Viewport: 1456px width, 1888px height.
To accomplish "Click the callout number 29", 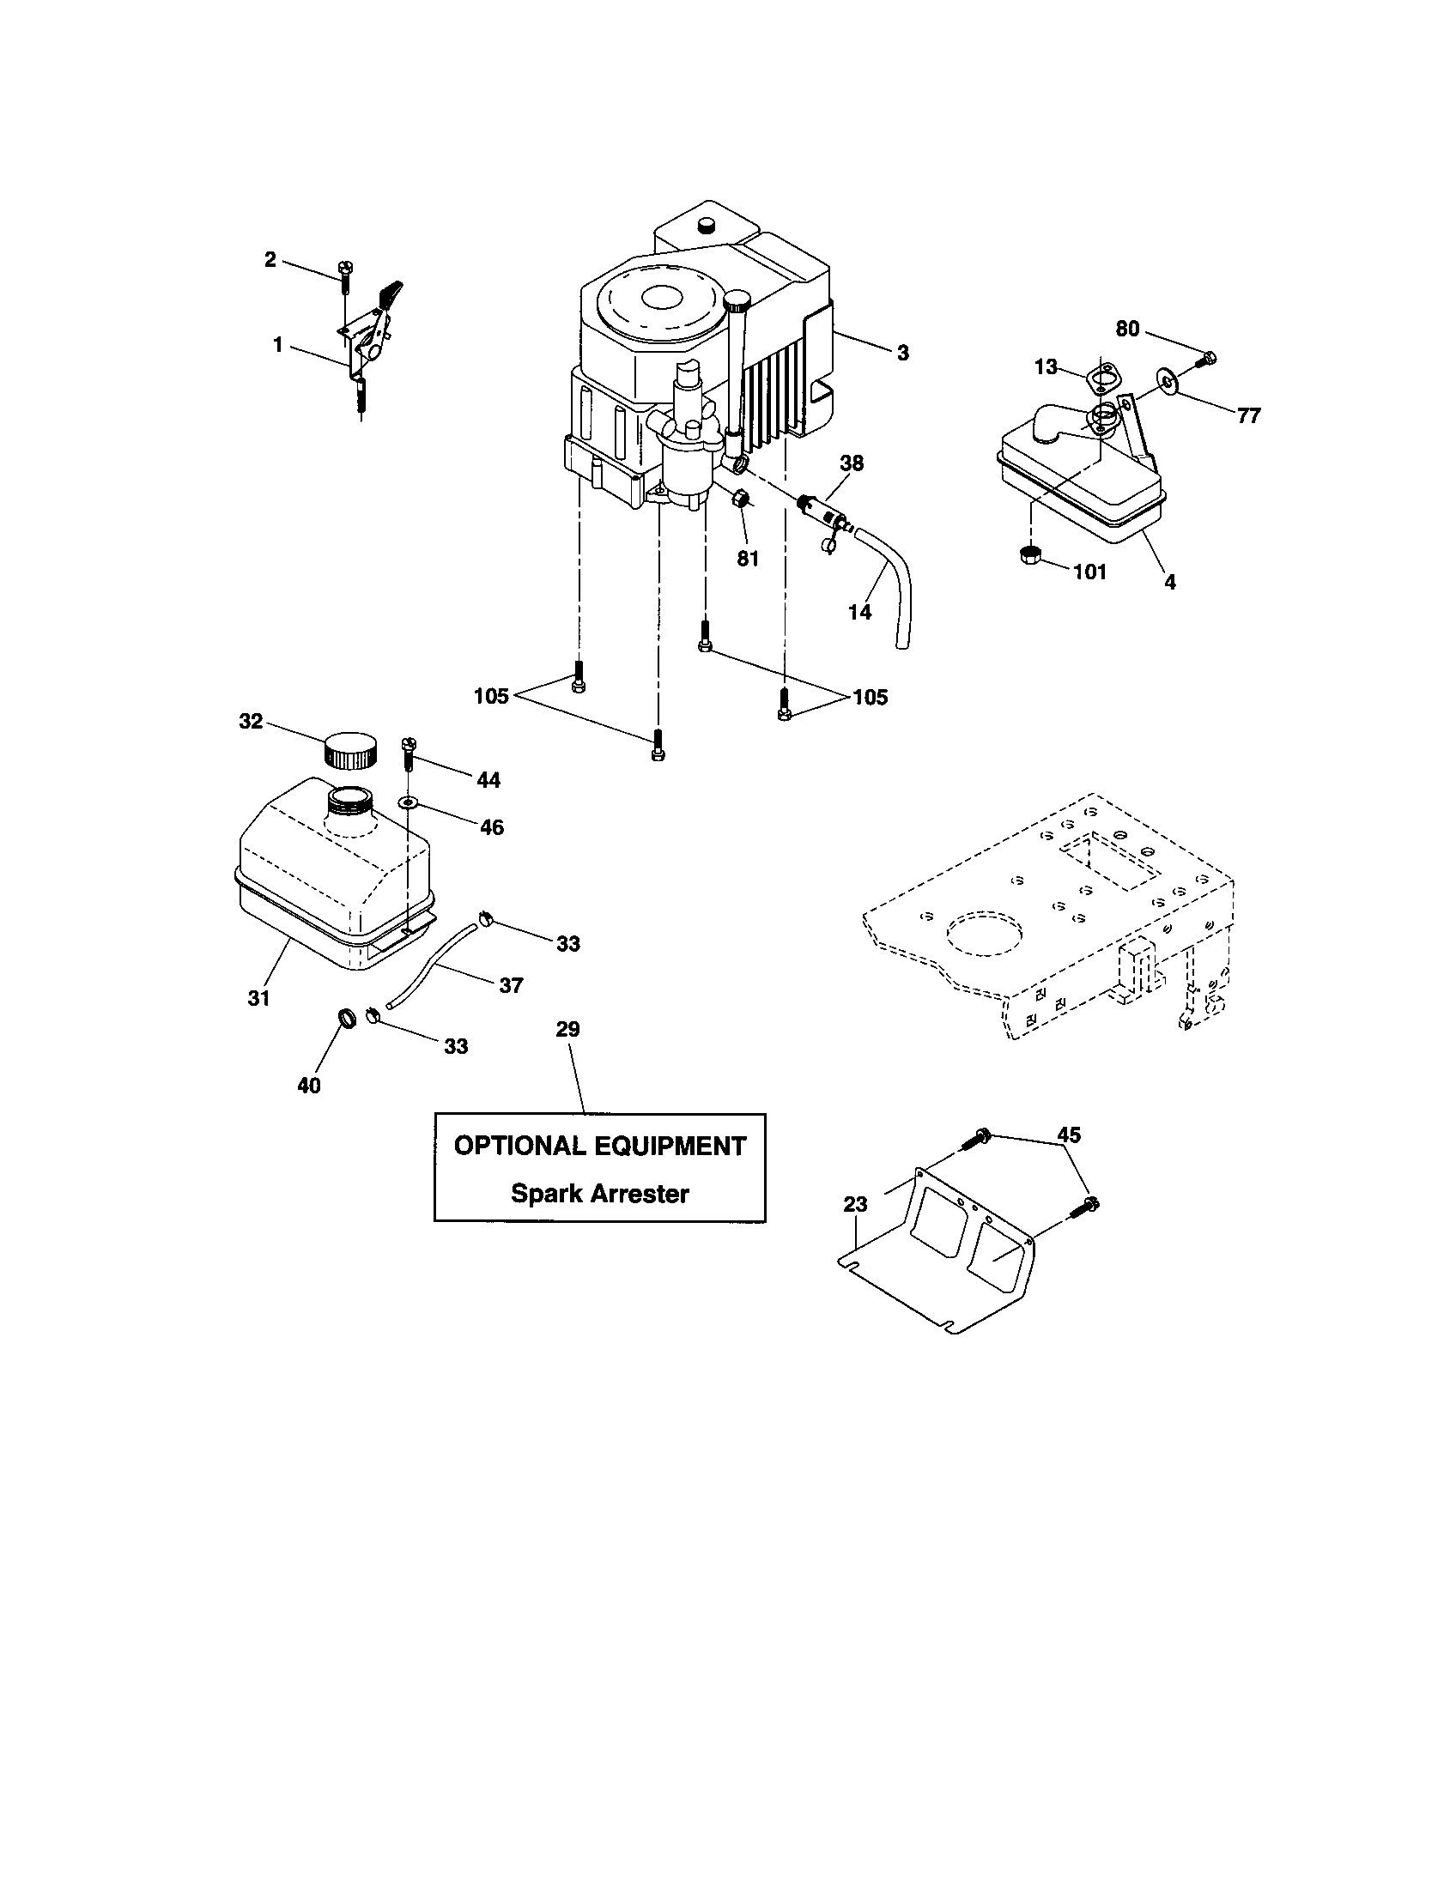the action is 567,1029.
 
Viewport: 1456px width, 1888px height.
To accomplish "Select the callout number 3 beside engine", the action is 902,353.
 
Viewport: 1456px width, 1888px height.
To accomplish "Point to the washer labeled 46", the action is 408,803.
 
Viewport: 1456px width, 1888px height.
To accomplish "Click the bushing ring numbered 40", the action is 347,1017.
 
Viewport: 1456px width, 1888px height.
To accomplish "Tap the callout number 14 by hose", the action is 859,612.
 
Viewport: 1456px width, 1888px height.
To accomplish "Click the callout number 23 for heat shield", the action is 855,1204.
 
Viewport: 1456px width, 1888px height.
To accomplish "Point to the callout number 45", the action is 1069,1135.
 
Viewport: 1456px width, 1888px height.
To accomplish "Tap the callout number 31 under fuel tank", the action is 258,997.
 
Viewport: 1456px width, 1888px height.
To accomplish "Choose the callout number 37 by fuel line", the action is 511,984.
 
